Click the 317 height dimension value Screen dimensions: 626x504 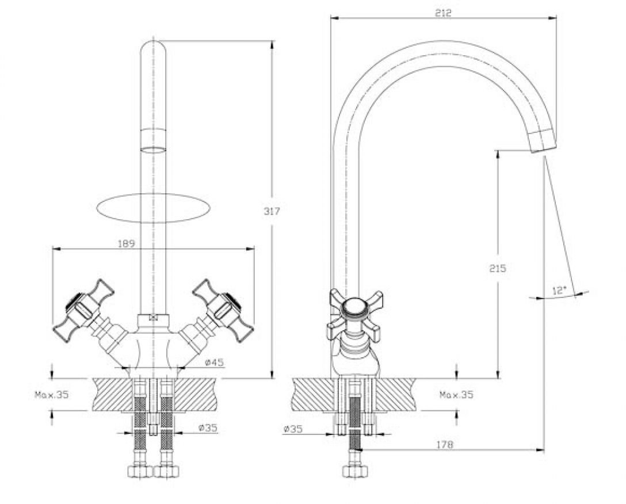coord(272,211)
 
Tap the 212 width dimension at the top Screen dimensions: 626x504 coord(443,13)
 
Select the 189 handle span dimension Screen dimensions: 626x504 coord(127,243)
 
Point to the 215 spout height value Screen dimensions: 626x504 coord(498,268)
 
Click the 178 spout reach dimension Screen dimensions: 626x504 coord(445,445)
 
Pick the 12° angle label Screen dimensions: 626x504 coord(559,291)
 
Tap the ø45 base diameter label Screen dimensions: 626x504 coord(215,362)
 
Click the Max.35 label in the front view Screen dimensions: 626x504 coord(52,395)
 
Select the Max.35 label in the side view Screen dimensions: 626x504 coord(456,395)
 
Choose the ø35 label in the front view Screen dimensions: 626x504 coord(208,427)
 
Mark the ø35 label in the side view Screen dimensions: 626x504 coord(293,430)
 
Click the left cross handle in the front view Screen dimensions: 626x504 coord(83,310)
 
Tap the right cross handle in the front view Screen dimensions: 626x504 coord(223,310)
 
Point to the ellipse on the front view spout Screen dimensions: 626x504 coord(153,208)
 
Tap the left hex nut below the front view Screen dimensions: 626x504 coord(140,471)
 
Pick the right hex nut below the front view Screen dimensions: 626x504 coord(166,471)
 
